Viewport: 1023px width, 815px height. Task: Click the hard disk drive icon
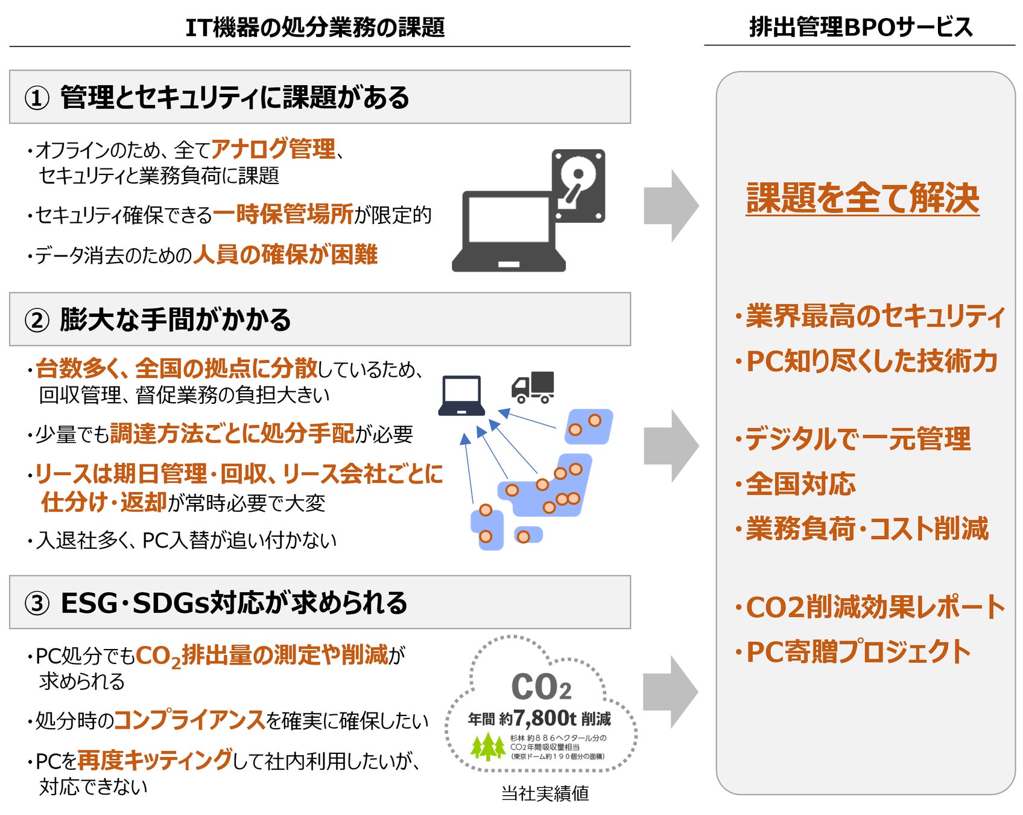click(578, 185)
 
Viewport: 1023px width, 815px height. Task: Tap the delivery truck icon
click(533, 387)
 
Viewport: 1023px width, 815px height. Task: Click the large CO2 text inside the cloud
click(540, 686)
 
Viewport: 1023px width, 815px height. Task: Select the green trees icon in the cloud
click(487, 746)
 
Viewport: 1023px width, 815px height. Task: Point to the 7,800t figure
click(545, 718)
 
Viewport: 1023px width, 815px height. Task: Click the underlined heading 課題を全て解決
click(862, 198)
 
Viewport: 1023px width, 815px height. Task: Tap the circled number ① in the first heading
click(37, 98)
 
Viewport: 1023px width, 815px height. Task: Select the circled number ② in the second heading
click(37, 320)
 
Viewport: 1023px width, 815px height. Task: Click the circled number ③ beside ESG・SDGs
click(37, 603)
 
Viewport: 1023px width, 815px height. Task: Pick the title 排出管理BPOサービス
click(861, 27)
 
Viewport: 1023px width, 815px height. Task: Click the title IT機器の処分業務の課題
click(315, 28)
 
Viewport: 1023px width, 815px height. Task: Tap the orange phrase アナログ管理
click(273, 149)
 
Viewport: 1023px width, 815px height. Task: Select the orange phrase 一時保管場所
click(283, 214)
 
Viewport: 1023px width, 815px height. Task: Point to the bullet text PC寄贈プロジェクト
click(858, 652)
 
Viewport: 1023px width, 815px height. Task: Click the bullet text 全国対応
click(800, 484)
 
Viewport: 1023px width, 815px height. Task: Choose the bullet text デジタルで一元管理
click(857, 439)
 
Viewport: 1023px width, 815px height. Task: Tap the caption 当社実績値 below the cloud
click(545, 793)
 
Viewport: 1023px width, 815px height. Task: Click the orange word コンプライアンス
click(189, 720)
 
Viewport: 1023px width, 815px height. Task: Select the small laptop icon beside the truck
click(461, 395)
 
